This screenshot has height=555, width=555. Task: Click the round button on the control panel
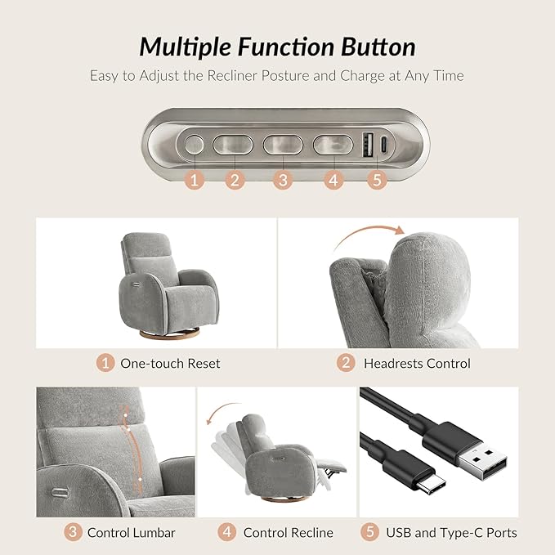pyautogui.click(x=195, y=145)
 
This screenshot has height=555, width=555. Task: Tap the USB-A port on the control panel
pyautogui.click(x=367, y=145)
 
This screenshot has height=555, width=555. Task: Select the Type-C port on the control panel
pyautogui.click(x=384, y=144)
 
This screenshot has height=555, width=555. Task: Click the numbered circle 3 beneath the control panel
pyautogui.click(x=283, y=180)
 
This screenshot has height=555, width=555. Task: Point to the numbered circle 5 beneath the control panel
pyautogui.click(x=378, y=180)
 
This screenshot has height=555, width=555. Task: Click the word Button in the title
pyautogui.click(x=378, y=47)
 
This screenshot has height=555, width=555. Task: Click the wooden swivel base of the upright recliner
pyautogui.click(x=169, y=334)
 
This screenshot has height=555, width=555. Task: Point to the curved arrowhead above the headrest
pyautogui.click(x=400, y=230)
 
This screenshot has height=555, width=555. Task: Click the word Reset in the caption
pyautogui.click(x=204, y=364)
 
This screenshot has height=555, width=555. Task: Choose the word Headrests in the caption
pyautogui.click(x=393, y=364)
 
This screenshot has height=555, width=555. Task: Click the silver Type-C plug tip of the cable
pyautogui.click(x=432, y=484)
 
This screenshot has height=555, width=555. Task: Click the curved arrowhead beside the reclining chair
pyautogui.click(x=210, y=420)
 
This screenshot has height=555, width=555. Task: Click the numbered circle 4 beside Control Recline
pyautogui.click(x=227, y=532)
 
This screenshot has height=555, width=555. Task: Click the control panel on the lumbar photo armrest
pyautogui.click(x=60, y=492)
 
